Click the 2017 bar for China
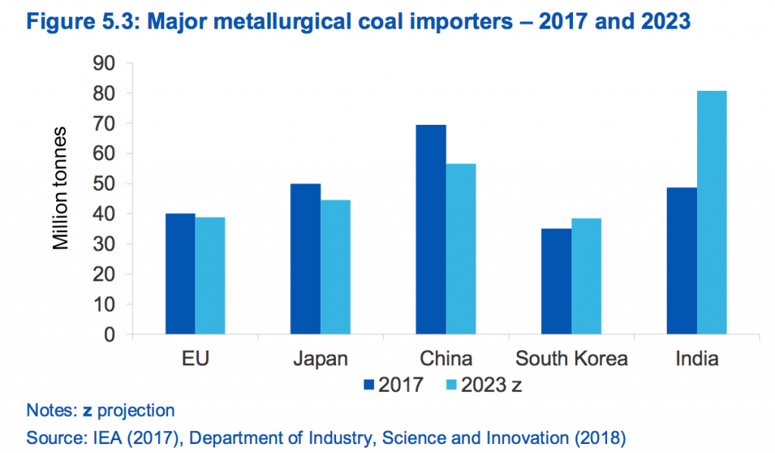coord(431,229)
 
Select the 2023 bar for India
coord(712,213)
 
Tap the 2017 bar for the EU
coord(180,274)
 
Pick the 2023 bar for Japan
coord(335,267)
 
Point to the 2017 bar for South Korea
coord(556,281)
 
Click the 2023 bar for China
coord(461,249)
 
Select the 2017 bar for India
coord(682,261)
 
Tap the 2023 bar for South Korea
coord(587,276)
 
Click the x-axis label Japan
coord(320,358)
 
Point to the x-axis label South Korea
coord(571,358)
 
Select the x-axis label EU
coord(195,358)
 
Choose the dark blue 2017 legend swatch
coord(370,384)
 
